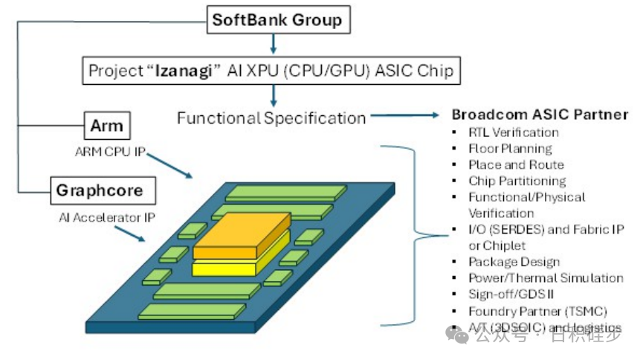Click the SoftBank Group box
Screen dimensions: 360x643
pos(277,19)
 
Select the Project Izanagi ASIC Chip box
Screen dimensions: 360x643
pos(271,71)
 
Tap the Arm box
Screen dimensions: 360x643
pos(106,126)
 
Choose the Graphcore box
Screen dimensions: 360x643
pos(104,190)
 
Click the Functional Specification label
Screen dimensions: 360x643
pos(271,118)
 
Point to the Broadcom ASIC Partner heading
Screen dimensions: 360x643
pos(540,115)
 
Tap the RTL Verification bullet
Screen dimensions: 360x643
pos(513,132)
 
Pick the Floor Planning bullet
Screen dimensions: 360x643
pos(509,148)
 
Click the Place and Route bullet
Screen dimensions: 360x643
pos(516,164)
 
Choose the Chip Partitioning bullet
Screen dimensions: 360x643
pos(517,181)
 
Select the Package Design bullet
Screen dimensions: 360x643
pos(514,262)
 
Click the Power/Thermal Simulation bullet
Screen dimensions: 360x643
pos(546,278)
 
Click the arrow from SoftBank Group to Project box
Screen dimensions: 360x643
pos(274,43)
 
